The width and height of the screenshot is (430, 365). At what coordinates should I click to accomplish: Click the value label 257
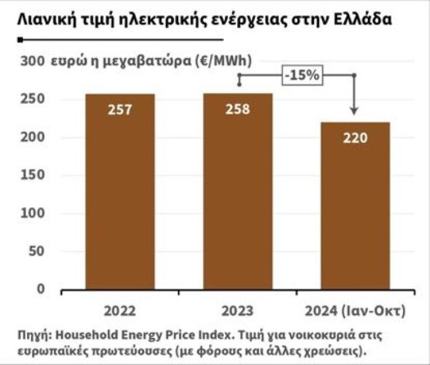tap(120, 110)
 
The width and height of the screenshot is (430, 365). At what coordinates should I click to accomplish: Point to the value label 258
tap(238, 110)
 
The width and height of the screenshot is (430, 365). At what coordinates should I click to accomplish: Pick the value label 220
tap(355, 138)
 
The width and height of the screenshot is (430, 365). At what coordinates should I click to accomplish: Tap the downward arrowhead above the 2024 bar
tap(354, 111)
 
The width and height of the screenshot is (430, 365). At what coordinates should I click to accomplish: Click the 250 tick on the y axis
tap(32, 100)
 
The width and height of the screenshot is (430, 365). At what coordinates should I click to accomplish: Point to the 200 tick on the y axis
tap(32, 138)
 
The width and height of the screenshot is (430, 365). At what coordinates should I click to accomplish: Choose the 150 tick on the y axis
tap(32, 175)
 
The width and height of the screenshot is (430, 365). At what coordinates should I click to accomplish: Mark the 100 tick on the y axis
tap(32, 213)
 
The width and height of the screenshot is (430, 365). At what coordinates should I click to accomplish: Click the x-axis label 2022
tap(120, 311)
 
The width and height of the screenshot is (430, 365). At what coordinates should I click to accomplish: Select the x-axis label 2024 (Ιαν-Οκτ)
tap(355, 311)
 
